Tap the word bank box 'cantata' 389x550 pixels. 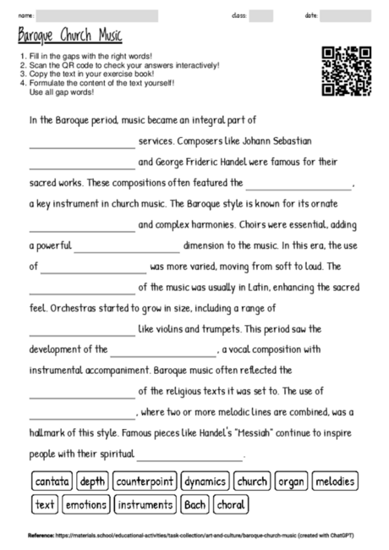[52, 481]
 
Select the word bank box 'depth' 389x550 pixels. [92, 481]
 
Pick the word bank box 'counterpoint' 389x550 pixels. [145, 481]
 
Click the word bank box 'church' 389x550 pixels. [252, 481]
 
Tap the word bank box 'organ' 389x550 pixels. [292, 481]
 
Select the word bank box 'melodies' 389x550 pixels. [335, 481]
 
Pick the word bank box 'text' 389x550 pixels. [45, 505]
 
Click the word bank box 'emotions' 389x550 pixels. [86, 505]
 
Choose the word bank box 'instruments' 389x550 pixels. [145, 505]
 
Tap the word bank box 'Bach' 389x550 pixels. [194, 505]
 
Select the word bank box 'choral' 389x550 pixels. [231, 505]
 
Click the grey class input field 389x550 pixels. [261, 16]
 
